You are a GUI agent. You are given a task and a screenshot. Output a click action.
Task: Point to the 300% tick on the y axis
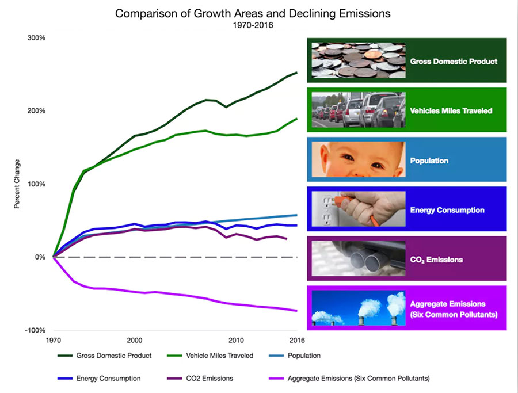pyautogui.click(x=36, y=38)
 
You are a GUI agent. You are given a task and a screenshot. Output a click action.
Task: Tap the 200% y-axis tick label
pyautogui.click(x=36, y=111)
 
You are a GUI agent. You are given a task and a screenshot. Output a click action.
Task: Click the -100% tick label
pyautogui.click(x=35, y=330)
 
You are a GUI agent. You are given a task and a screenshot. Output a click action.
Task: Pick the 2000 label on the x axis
pyautogui.click(x=135, y=339)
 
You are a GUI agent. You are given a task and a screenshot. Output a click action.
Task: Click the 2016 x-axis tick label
pyautogui.click(x=296, y=339)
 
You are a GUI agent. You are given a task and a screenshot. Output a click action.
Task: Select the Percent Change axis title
pyautogui.click(x=17, y=184)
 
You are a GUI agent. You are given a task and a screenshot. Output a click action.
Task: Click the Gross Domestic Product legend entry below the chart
pyautogui.click(x=105, y=356)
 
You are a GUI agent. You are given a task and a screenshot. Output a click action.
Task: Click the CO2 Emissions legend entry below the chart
pyautogui.click(x=210, y=379)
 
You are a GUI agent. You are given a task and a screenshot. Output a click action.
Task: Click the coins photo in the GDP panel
pyautogui.click(x=358, y=60)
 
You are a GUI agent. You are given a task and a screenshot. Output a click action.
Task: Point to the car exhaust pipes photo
pyautogui.click(x=358, y=258)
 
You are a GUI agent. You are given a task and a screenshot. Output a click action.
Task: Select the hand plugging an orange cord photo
pyautogui.click(x=358, y=209)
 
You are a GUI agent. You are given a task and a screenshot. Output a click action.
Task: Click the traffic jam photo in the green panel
pyautogui.click(x=358, y=109)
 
